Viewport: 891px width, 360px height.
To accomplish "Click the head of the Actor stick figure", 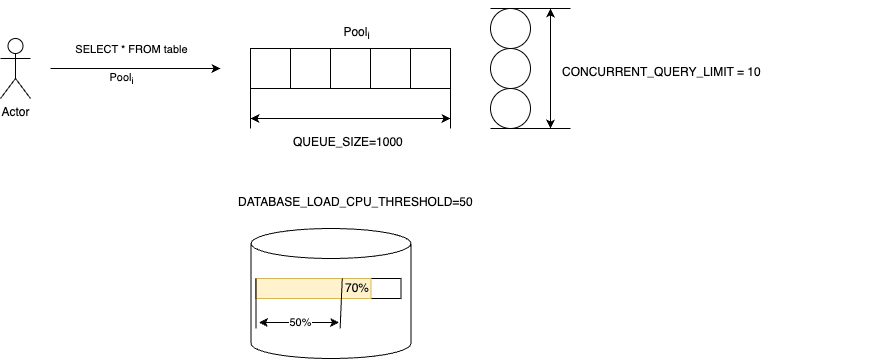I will tap(15, 45).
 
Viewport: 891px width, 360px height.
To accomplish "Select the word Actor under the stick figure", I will tap(16, 112).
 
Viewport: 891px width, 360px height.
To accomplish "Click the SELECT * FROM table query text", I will tap(131, 49).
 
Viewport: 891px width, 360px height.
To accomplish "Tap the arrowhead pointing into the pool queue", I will tap(215, 69).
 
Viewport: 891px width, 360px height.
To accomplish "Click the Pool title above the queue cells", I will tap(356, 34).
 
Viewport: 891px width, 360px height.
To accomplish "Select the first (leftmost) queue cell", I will tap(270, 69).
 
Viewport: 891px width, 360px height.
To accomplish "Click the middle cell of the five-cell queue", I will tap(350, 69).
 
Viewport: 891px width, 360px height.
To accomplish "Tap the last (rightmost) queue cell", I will tap(430, 69).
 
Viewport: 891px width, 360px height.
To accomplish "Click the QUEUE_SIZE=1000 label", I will tap(347, 142).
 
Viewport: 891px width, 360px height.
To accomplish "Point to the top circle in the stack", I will tap(510, 29).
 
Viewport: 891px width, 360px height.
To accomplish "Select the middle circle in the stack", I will tap(510, 69).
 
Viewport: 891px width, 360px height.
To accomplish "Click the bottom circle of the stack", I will tap(510, 109).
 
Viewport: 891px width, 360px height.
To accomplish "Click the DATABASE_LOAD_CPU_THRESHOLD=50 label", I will tap(355, 202).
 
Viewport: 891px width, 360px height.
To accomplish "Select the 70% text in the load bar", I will tap(357, 288).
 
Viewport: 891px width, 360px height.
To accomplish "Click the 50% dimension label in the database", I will tap(300, 323).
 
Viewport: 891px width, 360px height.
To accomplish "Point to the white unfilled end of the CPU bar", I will tap(386, 288).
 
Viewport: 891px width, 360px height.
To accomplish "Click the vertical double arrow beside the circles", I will tap(550, 69).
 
